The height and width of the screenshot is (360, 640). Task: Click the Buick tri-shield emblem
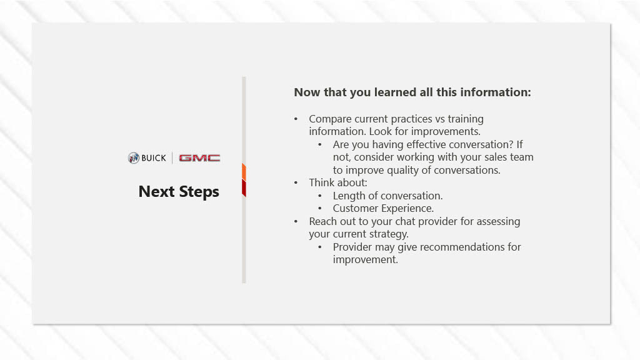click(x=134, y=158)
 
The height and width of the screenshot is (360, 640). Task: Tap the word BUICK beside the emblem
click(x=154, y=158)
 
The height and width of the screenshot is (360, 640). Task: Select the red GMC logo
click(x=199, y=158)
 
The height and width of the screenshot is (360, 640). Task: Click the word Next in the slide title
click(x=156, y=191)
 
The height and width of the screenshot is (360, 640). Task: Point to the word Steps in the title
click(x=199, y=192)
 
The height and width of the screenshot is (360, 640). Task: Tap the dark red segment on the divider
click(x=244, y=188)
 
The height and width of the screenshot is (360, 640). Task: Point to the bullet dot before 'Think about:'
click(x=296, y=183)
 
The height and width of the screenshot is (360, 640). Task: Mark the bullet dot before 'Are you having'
click(x=320, y=144)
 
